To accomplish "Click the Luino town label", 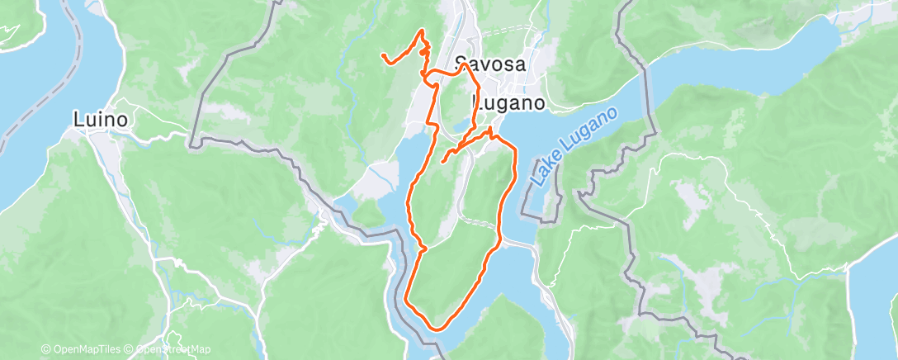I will coord(100,120).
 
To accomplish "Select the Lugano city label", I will coord(508,103).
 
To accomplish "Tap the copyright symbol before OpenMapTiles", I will coord(45,350).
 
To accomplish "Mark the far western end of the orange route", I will coord(382,55).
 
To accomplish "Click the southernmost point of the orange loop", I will coord(435,328).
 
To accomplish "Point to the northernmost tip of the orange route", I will coord(424,31).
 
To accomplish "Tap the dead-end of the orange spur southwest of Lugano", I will coord(443,161).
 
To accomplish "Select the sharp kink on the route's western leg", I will coord(422,246).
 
